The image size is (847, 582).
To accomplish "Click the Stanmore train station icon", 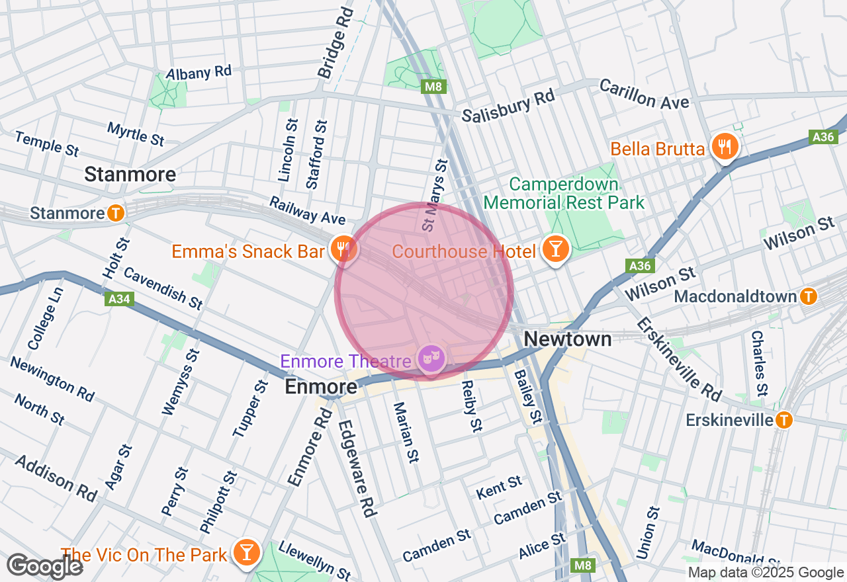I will point(116,213).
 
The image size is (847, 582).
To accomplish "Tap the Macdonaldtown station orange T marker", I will point(807,296).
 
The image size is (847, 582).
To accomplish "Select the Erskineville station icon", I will point(783,419).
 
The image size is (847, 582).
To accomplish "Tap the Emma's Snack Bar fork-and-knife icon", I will point(343,249).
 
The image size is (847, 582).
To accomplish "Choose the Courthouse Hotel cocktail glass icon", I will point(555,249).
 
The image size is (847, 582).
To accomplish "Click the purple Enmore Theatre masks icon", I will point(431,358).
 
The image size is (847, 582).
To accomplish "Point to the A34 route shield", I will point(119,300).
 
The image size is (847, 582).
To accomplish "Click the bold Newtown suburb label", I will point(567,339).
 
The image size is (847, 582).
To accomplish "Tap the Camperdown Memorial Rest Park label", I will point(564,193).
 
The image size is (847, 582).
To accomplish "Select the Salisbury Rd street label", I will point(508,106).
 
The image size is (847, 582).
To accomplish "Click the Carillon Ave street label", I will point(644,95).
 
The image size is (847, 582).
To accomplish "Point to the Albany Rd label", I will point(199,73).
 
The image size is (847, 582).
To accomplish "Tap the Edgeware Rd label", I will point(358,469).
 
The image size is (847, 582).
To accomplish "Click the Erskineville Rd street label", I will point(679,359).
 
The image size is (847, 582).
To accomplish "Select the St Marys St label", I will point(434,194).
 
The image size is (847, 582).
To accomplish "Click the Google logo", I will point(44,567).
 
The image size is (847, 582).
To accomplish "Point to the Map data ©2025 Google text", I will point(766,573).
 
